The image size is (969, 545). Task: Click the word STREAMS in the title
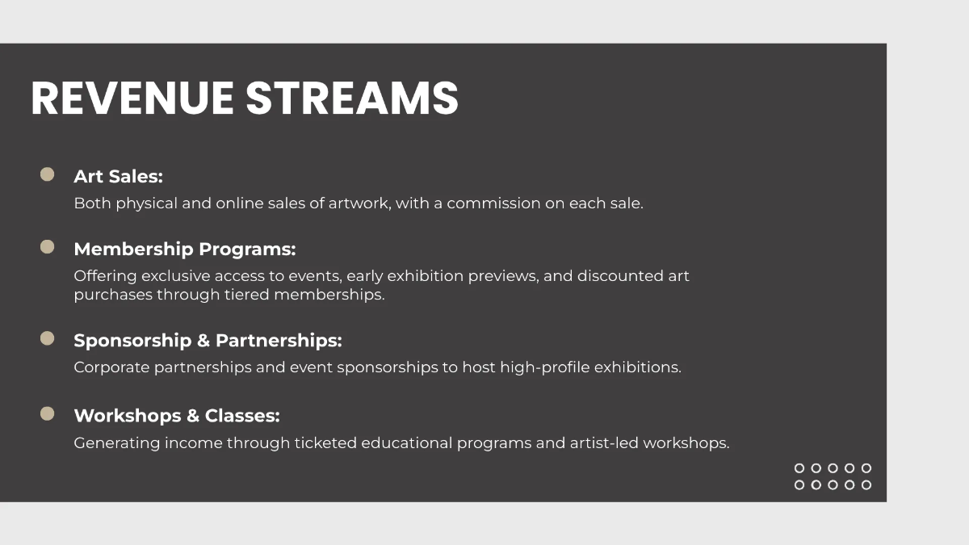(x=352, y=99)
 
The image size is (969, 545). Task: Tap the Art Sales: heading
(x=118, y=176)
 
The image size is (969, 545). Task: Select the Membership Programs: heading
(x=185, y=249)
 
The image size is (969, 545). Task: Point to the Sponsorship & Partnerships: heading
(x=208, y=341)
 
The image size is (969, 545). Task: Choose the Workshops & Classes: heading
(x=177, y=416)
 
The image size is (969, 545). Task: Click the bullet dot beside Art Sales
(x=48, y=174)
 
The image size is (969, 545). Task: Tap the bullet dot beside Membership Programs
(x=48, y=247)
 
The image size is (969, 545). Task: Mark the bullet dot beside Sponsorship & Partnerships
(x=48, y=338)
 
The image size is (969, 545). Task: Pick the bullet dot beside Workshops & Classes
(x=48, y=413)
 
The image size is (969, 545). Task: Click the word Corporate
(x=111, y=367)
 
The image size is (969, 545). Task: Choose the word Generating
(x=117, y=443)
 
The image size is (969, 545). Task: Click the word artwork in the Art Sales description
(x=359, y=203)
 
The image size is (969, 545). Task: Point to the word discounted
(x=610, y=276)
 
